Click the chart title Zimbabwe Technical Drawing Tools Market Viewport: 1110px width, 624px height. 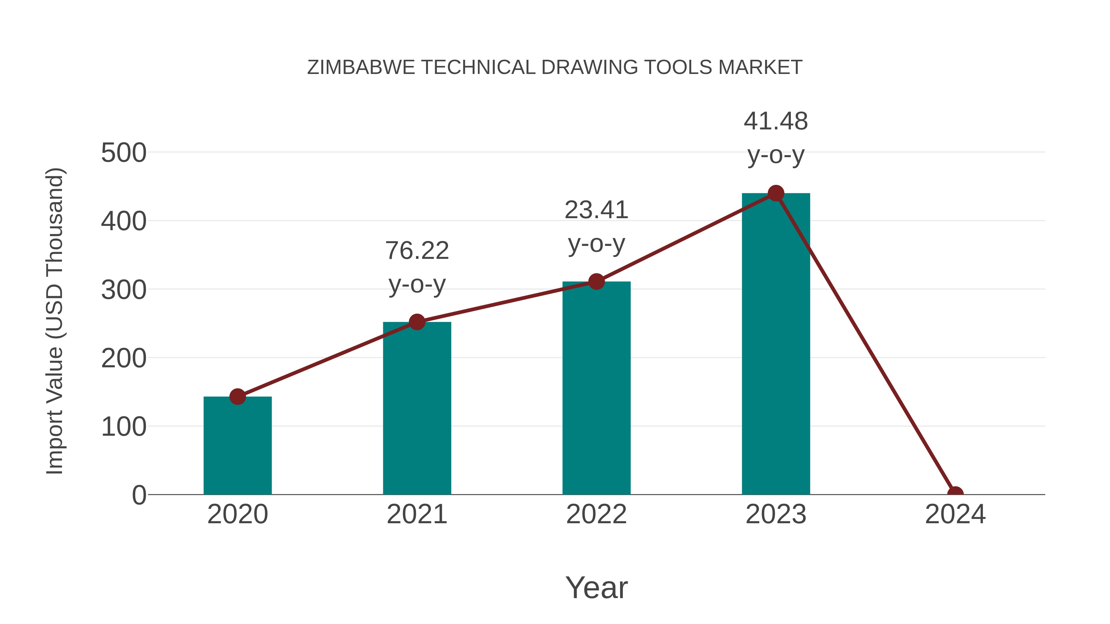(555, 67)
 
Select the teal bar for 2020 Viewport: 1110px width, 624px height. (237, 446)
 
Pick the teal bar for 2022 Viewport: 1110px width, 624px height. (596, 388)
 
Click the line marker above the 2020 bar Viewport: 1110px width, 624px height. (237, 397)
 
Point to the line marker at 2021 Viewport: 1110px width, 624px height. (417, 322)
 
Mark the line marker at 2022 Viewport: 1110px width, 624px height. (596, 282)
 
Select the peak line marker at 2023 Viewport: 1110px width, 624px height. (776, 193)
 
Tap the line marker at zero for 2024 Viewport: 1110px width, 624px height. (955, 494)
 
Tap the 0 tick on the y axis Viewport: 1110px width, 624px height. (139, 495)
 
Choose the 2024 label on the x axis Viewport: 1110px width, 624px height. (955, 514)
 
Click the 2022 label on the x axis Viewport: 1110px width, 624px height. (596, 514)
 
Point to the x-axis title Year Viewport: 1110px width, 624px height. (596, 587)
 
